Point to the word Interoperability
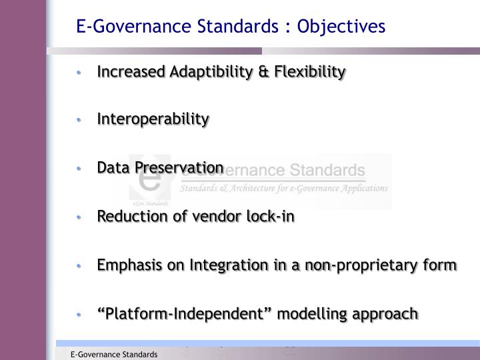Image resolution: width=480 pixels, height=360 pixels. [x=153, y=119]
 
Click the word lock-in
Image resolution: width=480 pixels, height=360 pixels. [x=271, y=216]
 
